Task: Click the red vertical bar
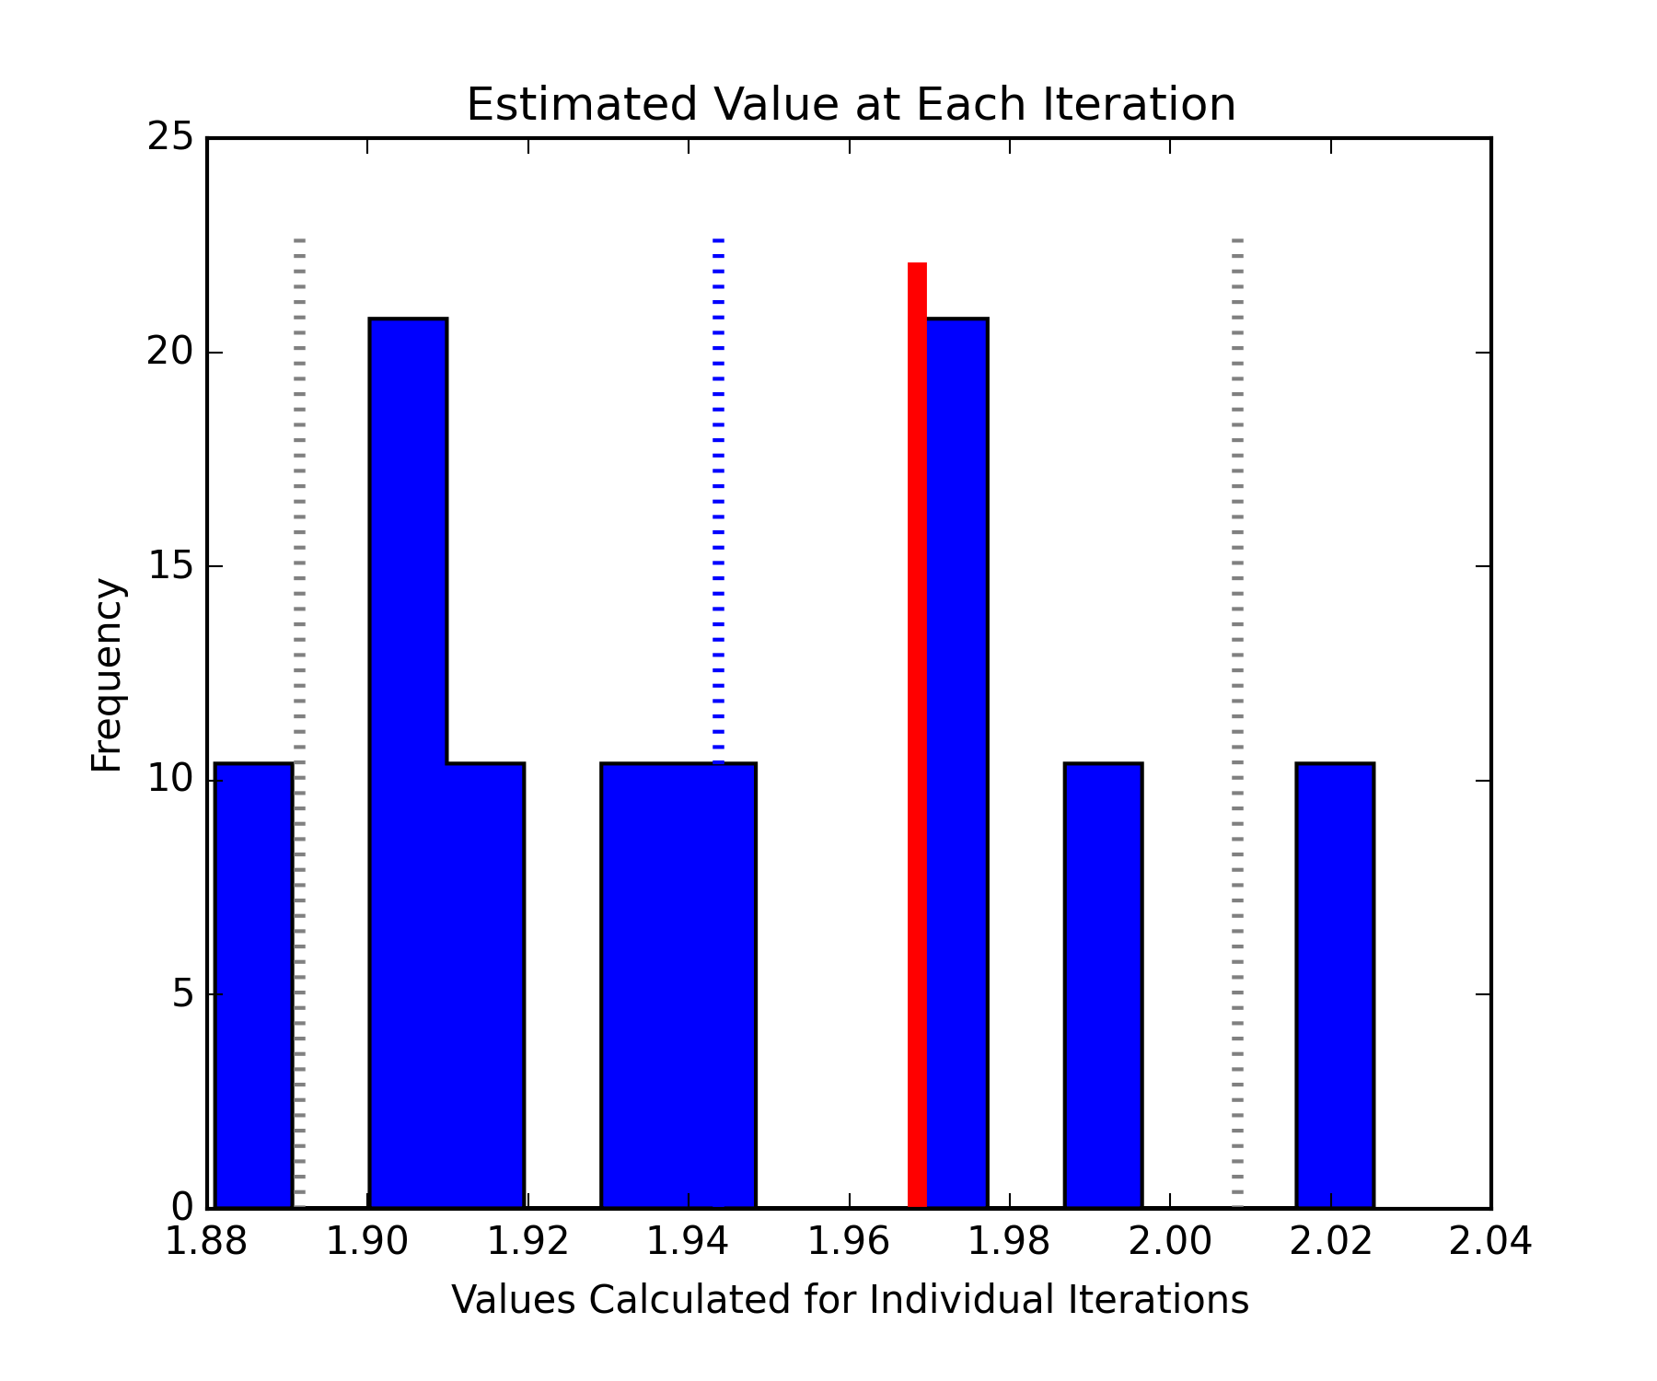917,737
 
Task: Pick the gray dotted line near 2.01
1237,644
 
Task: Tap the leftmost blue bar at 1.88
253,985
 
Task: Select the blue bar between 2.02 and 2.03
1335,985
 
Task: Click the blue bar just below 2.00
1103,985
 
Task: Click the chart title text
851,104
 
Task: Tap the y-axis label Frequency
107,674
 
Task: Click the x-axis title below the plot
850,1300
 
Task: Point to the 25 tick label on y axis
170,138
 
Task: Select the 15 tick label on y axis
170,566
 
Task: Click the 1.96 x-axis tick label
849,1241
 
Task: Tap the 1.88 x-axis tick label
206,1241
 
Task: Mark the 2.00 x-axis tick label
1169,1241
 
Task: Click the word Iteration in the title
1139,104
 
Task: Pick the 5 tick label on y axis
182,994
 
